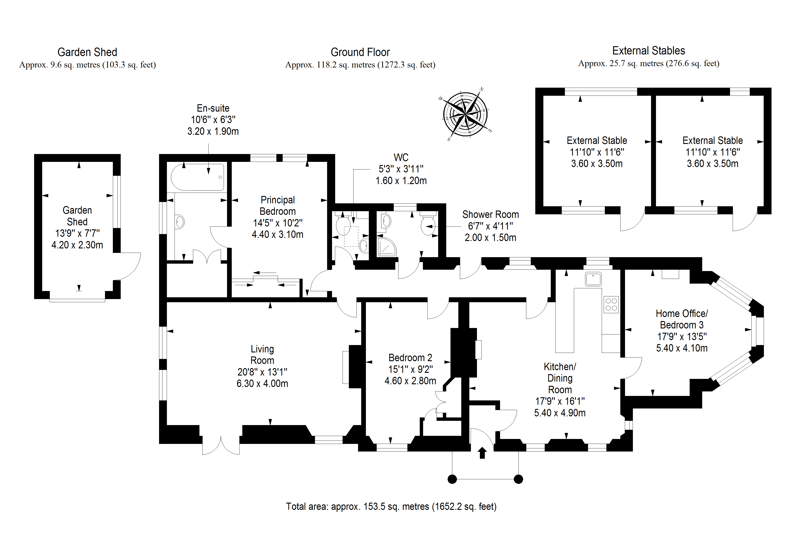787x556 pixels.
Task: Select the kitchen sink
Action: [x=593, y=279]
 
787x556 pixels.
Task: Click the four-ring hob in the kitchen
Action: [x=611, y=304]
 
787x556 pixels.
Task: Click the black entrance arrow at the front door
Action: [x=482, y=453]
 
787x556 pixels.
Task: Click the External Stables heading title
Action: [x=649, y=51]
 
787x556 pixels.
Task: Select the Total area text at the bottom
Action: [x=391, y=506]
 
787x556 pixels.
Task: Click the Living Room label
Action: [x=262, y=355]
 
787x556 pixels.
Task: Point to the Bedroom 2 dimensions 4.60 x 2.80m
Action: [x=410, y=381]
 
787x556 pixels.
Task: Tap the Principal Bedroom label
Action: [x=278, y=206]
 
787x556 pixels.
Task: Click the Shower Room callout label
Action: [x=490, y=215]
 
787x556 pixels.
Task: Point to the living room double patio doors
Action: [x=221, y=445]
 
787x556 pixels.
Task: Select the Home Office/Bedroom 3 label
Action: [x=681, y=319]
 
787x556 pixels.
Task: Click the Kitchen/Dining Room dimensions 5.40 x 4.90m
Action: [x=560, y=413]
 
